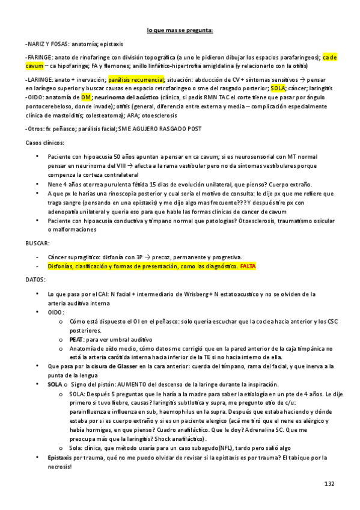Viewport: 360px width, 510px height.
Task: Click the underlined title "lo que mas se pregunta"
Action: [180, 29]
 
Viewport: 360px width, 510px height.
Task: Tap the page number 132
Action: [329, 484]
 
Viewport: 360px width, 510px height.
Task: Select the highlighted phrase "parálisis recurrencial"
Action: [136, 79]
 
